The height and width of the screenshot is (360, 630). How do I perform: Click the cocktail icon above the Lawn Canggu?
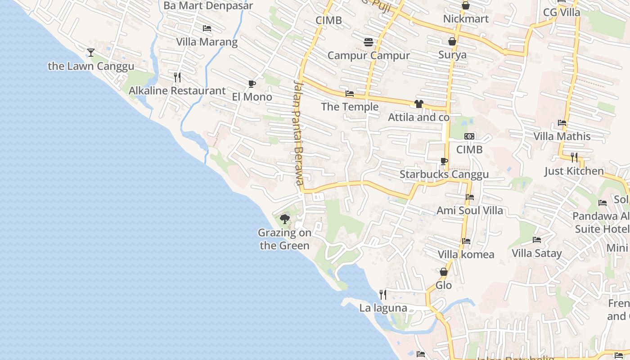tap(91, 53)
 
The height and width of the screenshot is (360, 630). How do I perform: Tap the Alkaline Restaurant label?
tap(177, 90)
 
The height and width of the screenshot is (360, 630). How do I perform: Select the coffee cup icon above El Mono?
tap(252, 84)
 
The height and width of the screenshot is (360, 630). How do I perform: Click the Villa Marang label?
tap(207, 42)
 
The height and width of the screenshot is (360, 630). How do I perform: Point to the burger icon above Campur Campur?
tap(369, 42)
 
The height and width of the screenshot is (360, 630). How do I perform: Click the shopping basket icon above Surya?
tap(452, 41)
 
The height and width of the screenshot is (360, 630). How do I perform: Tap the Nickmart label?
tap(466, 19)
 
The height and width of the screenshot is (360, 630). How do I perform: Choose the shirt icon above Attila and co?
tap(419, 104)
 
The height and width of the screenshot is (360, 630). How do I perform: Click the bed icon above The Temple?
tap(349, 94)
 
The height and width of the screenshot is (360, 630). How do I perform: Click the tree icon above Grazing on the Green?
tap(284, 219)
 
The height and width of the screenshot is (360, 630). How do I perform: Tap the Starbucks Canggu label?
tap(444, 175)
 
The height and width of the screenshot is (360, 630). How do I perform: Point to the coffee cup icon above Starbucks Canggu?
tap(444, 161)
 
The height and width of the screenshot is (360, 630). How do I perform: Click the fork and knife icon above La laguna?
tap(383, 295)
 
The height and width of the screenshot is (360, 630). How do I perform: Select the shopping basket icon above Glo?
tap(443, 272)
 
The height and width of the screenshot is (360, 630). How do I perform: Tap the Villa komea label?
tap(466, 254)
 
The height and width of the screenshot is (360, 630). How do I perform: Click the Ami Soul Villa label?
tap(469, 210)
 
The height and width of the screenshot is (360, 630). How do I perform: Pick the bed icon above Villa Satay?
tap(536, 239)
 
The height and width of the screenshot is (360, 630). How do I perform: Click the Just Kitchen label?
tap(574, 171)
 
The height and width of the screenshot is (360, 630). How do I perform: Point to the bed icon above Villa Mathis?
tap(562, 122)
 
